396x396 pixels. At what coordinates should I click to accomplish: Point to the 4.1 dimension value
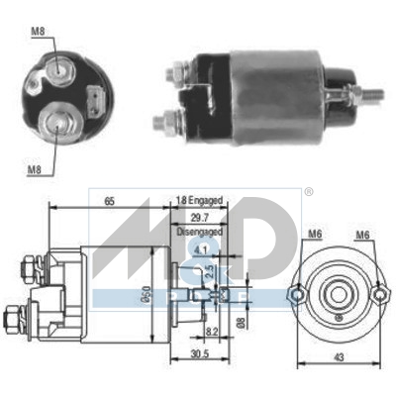coord(202,251)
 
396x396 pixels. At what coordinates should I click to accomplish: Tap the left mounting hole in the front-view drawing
coord(296,295)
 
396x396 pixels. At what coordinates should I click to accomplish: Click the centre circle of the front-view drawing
coord(336,295)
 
